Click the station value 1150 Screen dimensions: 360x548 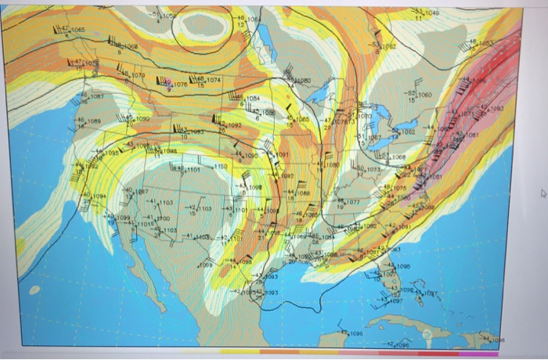coord(220,166)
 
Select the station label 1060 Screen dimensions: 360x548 coord(425,95)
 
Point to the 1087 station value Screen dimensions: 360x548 coord(98,96)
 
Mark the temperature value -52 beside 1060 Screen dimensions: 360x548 coord(409,94)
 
